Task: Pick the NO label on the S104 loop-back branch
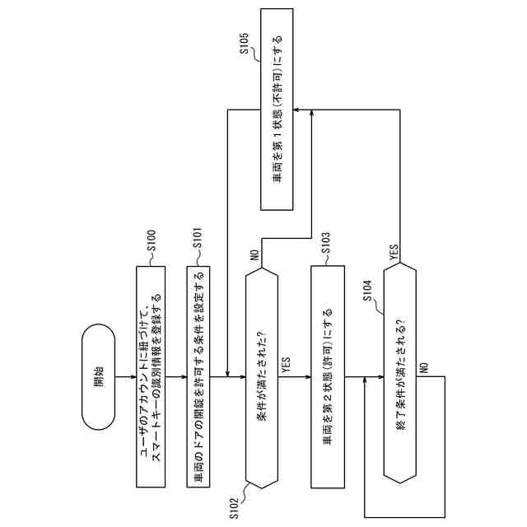(421, 368)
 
